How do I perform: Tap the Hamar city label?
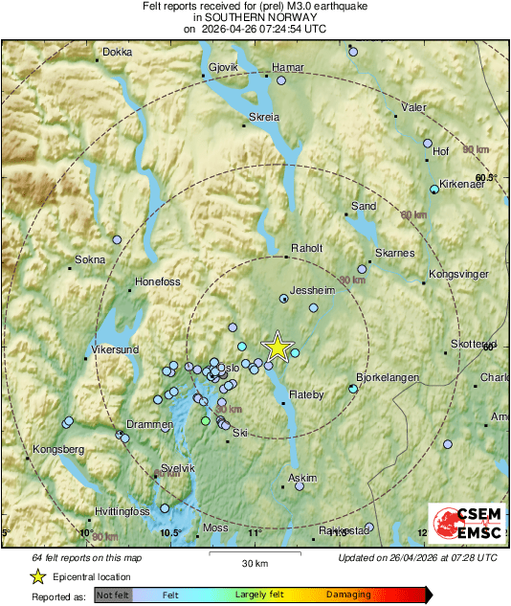coord(287,68)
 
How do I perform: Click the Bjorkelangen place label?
coord(388,378)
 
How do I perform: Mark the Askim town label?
coord(302,477)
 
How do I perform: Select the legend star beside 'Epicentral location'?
coord(37,576)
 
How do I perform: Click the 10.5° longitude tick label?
coord(170,532)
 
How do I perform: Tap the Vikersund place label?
coord(116,349)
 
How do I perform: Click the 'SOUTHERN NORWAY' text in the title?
coord(255,17)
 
